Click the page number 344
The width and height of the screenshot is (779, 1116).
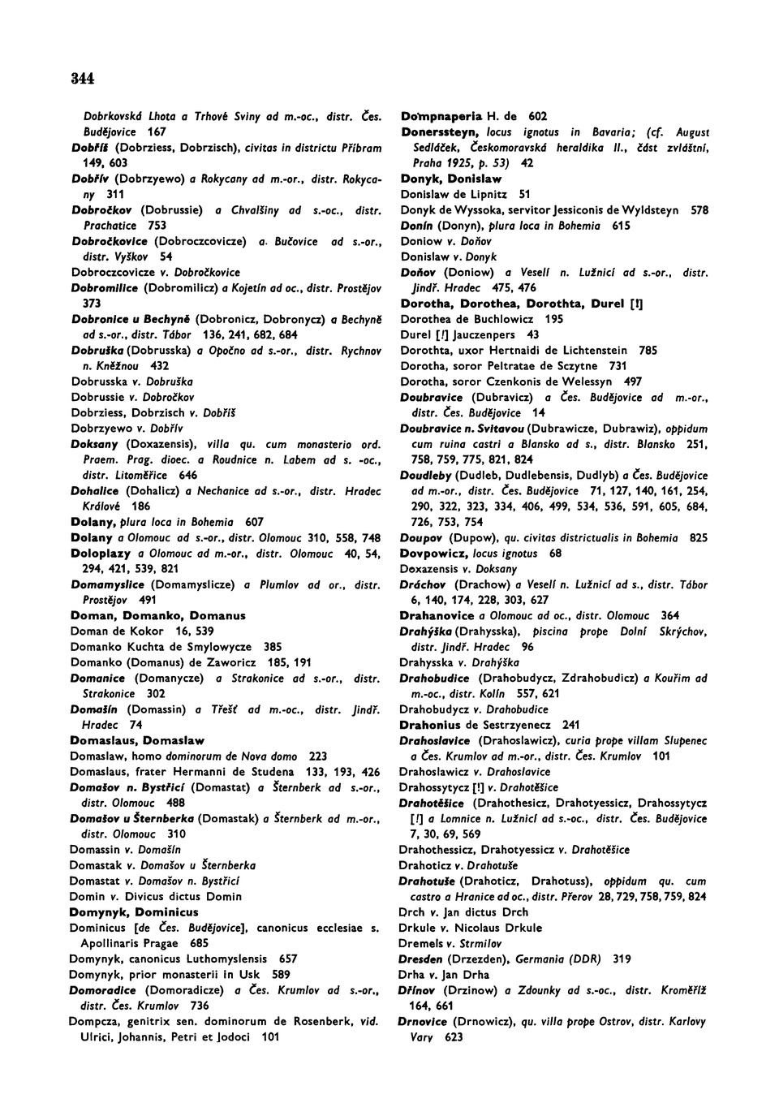click(83, 79)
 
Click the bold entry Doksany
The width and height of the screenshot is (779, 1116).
click(95, 444)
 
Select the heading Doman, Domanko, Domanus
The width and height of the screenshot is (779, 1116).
click(158, 615)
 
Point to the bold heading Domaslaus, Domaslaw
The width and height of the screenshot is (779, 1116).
click(137, 740)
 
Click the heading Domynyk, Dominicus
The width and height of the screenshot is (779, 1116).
click(134, 911)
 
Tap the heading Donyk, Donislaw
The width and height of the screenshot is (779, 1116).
click(451, 179)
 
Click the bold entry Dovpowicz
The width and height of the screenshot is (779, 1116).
click(431, 553)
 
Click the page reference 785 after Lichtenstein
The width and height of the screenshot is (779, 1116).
click(648, 351)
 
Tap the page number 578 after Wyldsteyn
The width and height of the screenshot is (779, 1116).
click(699, 210)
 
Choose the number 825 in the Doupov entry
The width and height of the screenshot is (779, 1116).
click(698, 537)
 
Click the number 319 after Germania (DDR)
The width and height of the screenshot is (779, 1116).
click(622, 959)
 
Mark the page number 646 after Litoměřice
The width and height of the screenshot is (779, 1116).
click(187, 475)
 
